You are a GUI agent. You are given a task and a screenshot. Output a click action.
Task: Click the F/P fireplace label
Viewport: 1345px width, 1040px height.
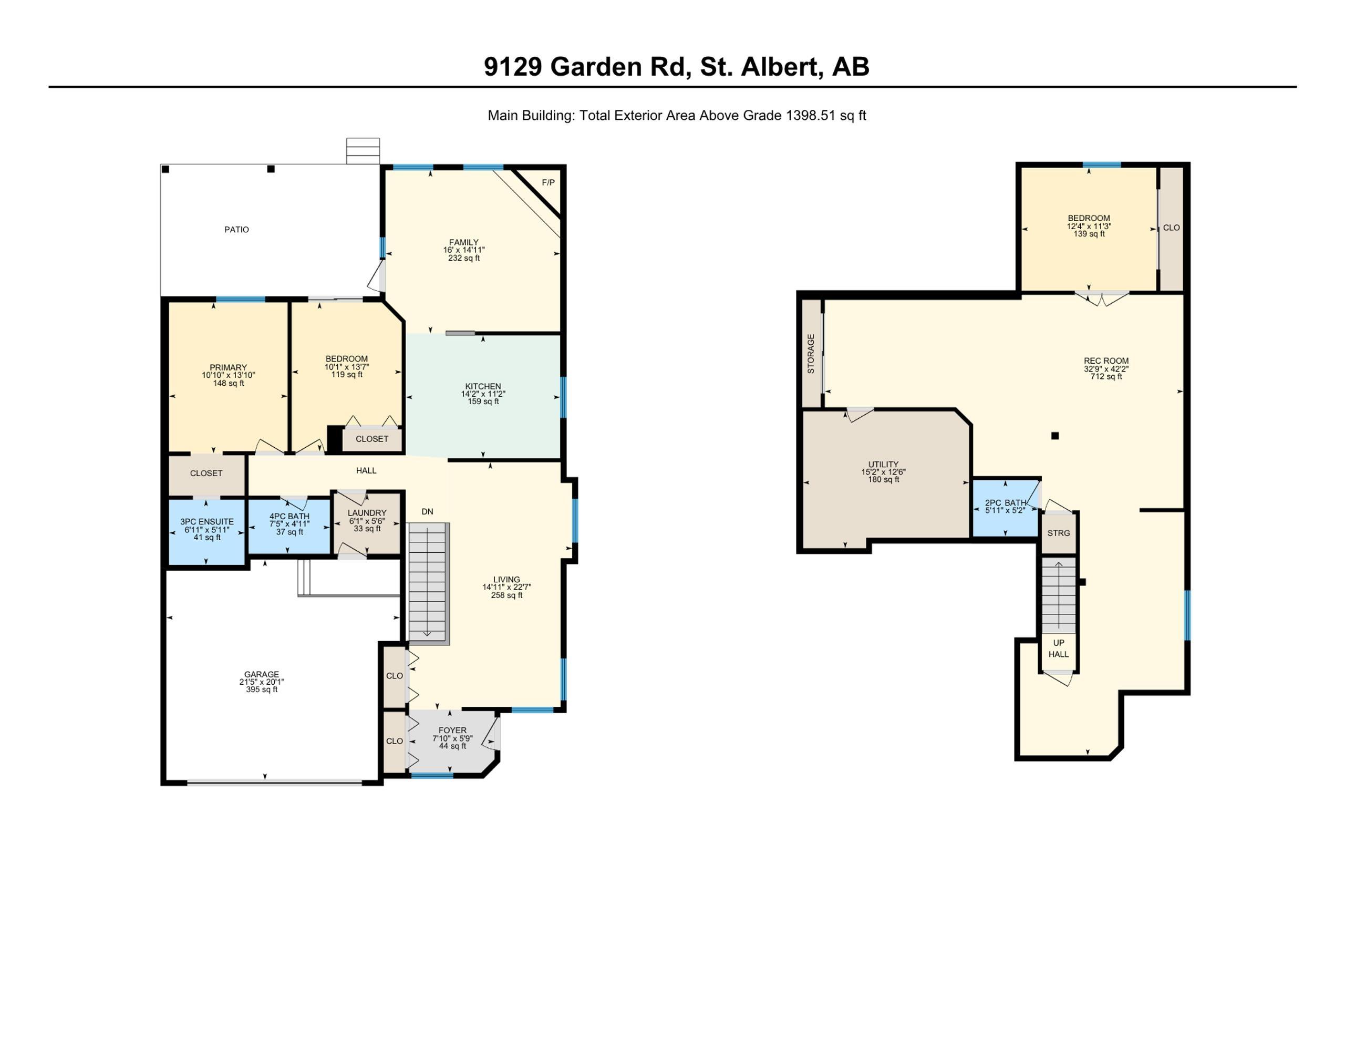click(548, 182)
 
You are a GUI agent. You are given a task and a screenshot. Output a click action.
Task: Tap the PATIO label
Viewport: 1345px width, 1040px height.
click(236, 230)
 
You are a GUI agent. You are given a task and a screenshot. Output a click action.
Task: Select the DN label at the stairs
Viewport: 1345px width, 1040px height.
click(427, 511)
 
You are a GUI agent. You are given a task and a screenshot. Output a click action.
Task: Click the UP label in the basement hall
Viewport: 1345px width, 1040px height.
click(1059, 643)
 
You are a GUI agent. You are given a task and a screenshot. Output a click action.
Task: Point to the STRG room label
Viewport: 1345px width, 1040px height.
click(1059, 533)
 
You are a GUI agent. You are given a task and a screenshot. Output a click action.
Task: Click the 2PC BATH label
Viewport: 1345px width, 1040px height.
click(1006, 503)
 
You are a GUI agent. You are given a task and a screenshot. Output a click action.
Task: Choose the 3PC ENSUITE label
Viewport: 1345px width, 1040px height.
click(207, 522)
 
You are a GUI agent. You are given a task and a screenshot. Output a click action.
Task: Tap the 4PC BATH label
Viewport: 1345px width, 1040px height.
click(289, 516)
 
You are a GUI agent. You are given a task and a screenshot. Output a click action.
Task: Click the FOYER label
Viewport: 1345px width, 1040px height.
click(453, 730)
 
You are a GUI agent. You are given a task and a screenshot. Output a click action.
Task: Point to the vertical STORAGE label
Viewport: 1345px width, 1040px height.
click(811, 354)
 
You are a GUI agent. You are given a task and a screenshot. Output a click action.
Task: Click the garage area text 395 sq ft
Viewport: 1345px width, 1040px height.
click(262, 689)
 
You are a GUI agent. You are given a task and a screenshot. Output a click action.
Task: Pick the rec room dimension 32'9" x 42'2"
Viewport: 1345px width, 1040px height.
click(1106, 369)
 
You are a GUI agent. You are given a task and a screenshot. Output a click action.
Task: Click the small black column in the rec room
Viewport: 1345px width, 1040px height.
click(1055, 436)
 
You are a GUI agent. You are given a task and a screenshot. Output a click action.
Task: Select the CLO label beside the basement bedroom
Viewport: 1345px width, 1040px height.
click(1171, 228)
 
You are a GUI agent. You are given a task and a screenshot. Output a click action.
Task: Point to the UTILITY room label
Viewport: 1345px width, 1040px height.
click(884, 465)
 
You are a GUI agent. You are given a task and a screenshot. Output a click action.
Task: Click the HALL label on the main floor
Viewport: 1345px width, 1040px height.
click(366, 471)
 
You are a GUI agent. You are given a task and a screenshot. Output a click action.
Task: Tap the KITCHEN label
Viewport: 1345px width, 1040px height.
click(483, 386)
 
